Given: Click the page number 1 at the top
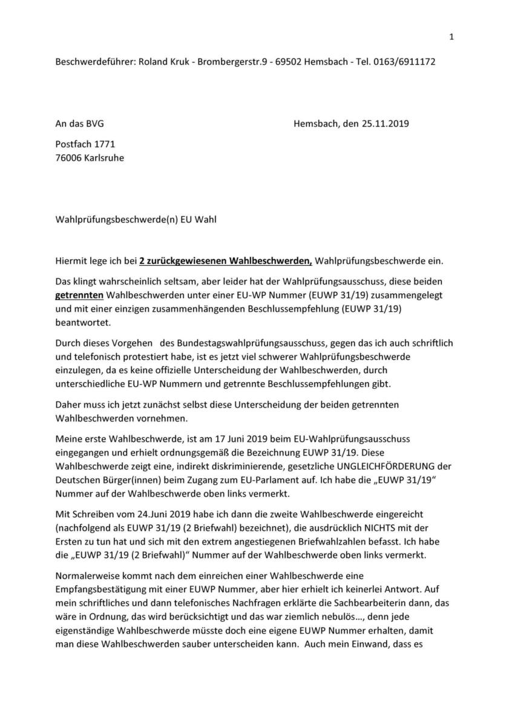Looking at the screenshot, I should [x=451, y=38].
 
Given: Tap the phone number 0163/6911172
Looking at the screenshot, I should [x=404, y=62].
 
